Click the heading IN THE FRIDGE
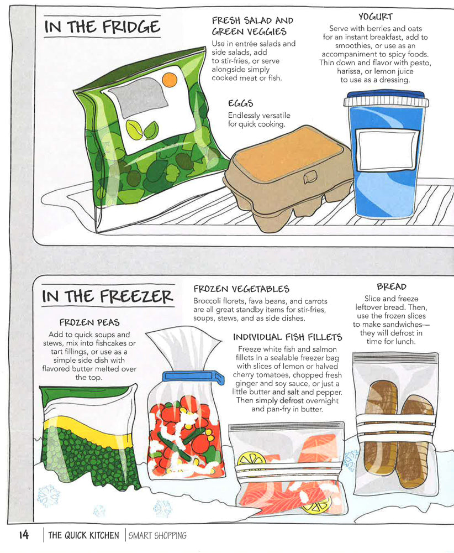(102, 27)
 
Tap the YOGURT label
(375, 17)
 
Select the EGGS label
(240, 103)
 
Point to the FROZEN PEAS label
(89, 322)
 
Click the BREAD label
(391, 286)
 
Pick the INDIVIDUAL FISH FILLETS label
(287, 337)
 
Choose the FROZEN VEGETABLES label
(241, 289)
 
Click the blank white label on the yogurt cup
(386, 145)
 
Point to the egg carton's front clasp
(311, 178)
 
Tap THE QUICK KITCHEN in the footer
(83, 535)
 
